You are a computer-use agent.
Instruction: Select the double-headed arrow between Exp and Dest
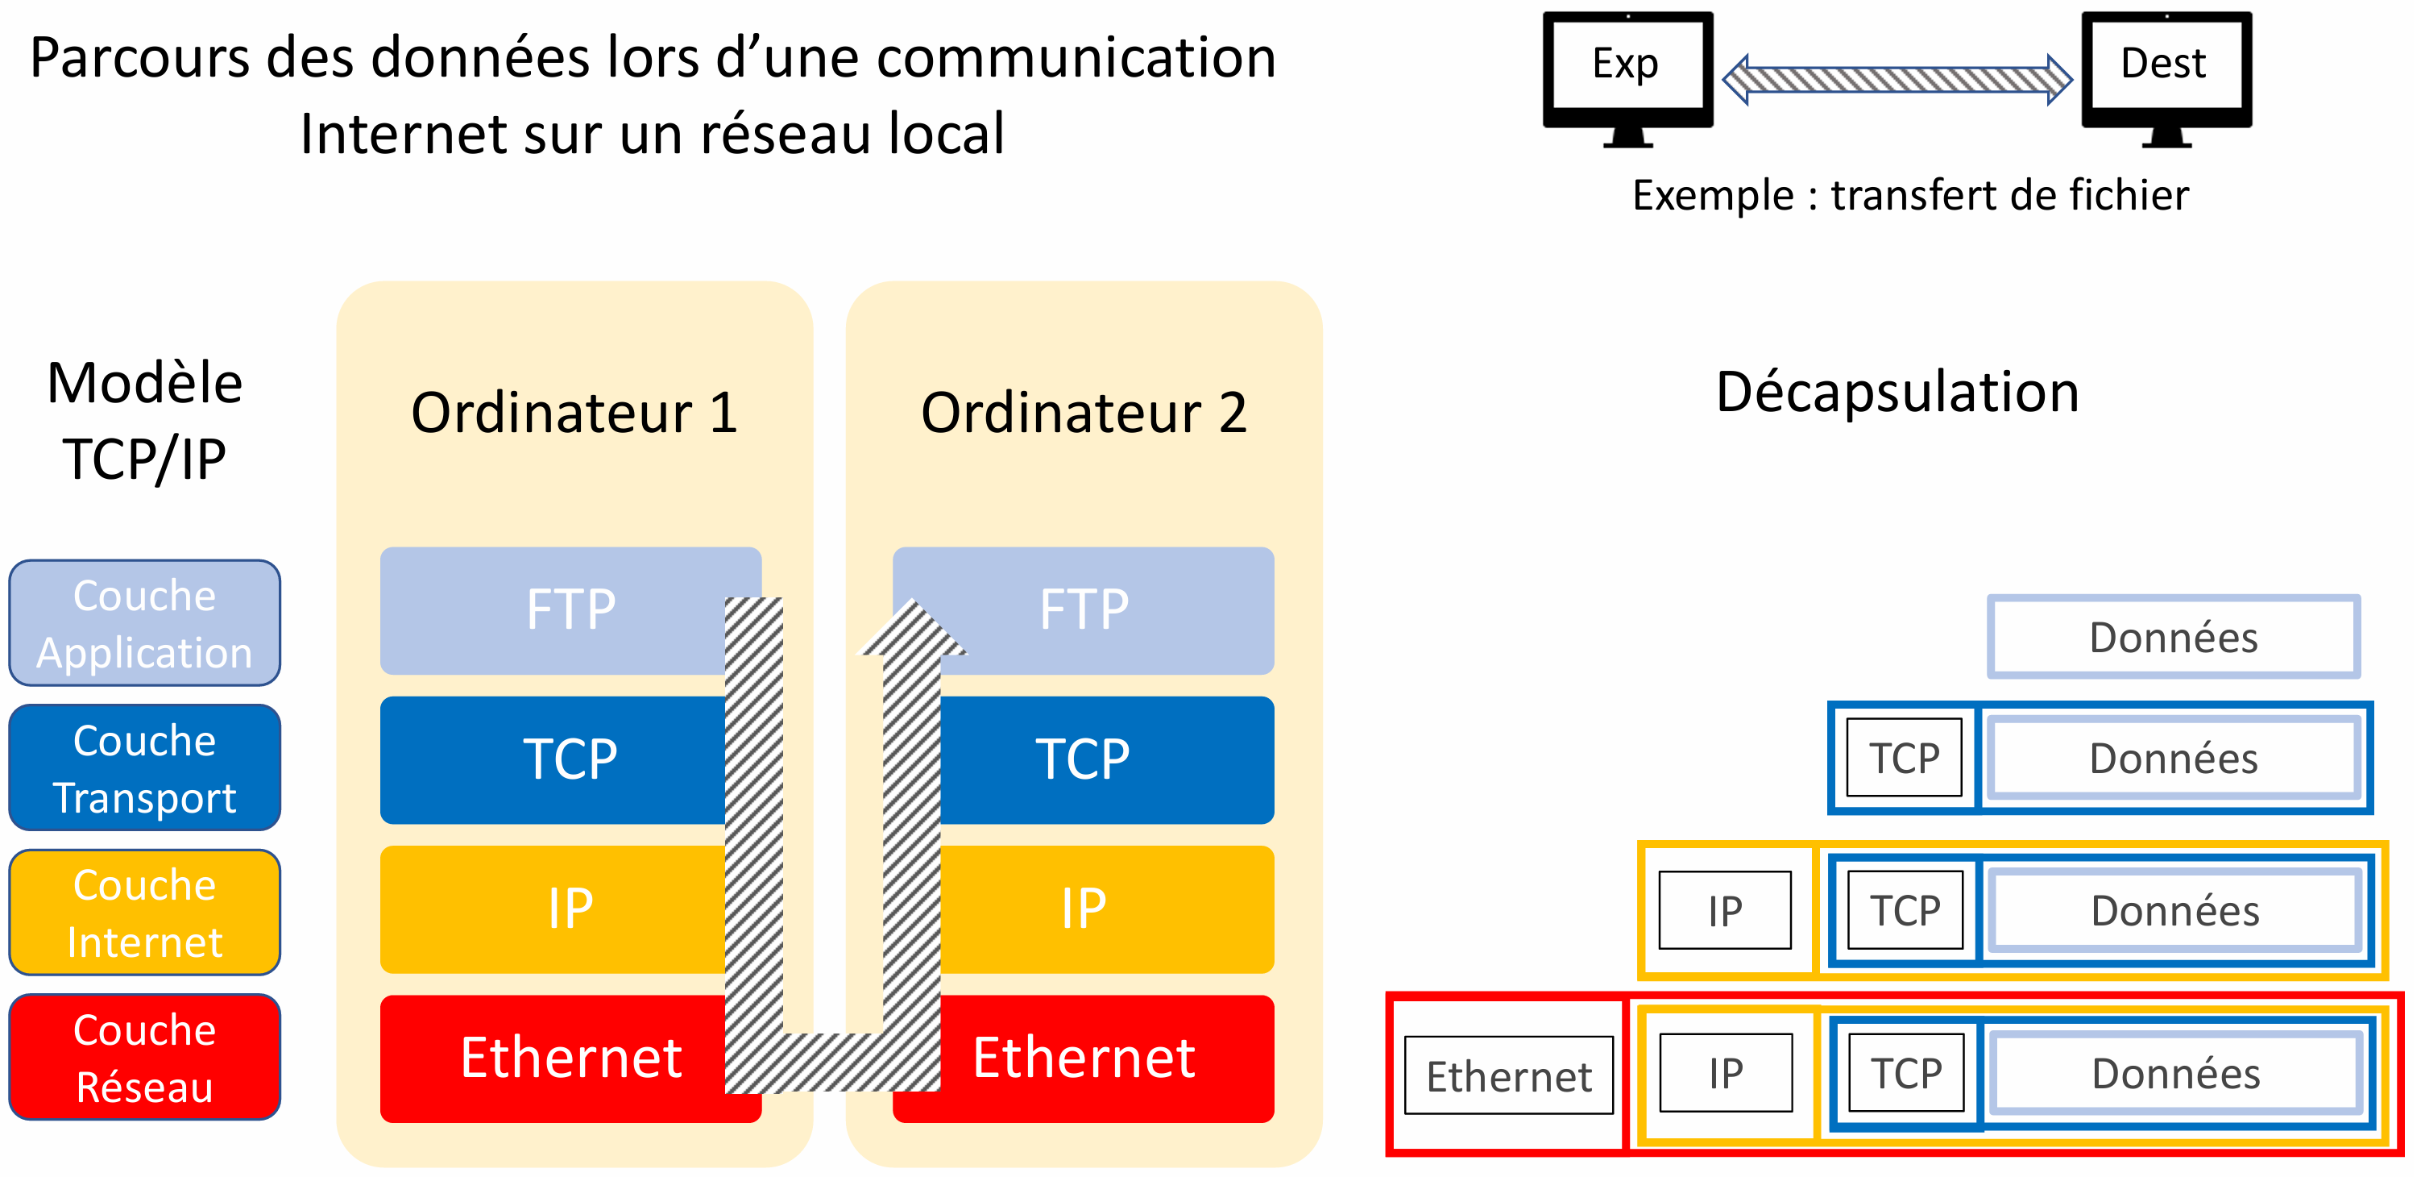click(1897, 80)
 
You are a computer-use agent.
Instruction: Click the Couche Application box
click(145, 623)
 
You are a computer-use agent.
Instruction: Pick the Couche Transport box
click(145, 768)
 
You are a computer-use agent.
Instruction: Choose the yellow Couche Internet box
click(145, 913)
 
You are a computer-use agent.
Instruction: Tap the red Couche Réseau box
click(145, 1058)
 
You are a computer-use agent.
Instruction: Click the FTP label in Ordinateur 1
click(570, 609)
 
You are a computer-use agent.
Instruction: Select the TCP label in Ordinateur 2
click(1083, 759)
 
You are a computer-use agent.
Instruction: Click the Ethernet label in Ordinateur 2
click(1083, 1058)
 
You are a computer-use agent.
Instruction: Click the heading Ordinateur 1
click(574, 413)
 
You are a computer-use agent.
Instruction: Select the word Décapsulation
click(1897, 392)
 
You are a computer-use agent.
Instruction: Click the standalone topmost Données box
click(2173, 638)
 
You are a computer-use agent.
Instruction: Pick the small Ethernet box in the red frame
click(1508, 1075)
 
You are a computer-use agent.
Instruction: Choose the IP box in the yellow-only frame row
click(1725, 910)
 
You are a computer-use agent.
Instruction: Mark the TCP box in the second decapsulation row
click(1904, 758)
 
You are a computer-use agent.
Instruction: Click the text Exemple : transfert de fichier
click(1909, 196)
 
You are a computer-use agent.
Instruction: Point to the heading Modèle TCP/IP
click(145, 421)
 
